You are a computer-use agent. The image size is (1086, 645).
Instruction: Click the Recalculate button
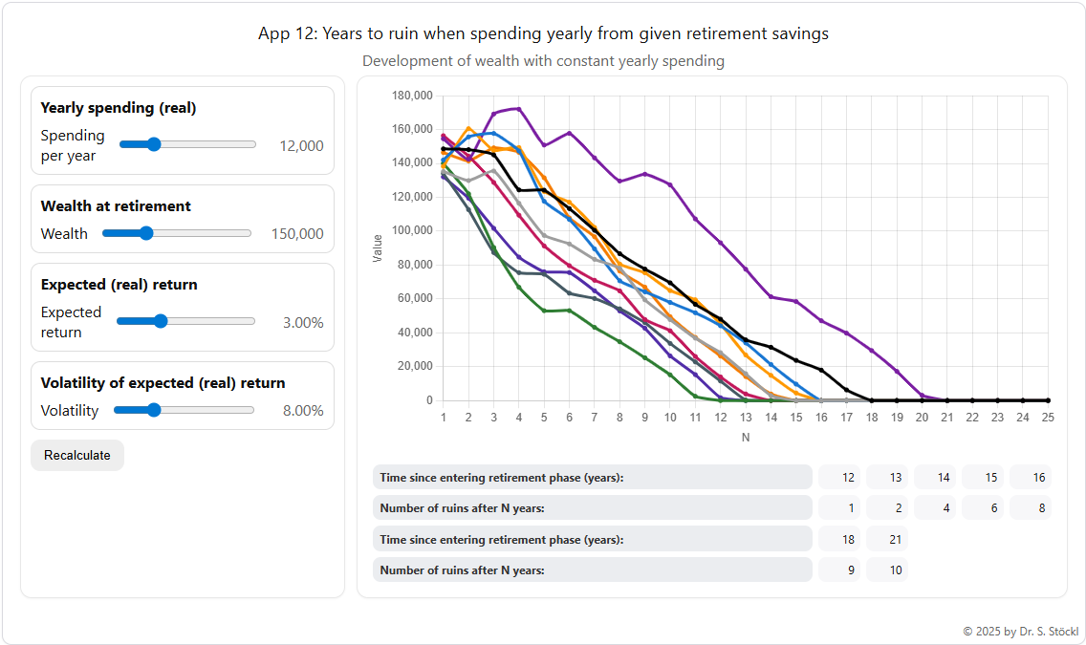(x=76, y=455)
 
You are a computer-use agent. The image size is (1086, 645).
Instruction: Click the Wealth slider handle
(x=145, y=233)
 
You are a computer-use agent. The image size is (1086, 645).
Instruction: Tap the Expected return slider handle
(x=161, y=322)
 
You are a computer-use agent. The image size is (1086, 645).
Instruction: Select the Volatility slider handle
(x=153, y=410)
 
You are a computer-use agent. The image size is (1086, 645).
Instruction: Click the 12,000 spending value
(x=301, y=145)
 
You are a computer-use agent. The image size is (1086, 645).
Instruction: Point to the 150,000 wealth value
(x=296, y=233)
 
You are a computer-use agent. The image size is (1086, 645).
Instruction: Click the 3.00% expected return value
(x=303, y=322)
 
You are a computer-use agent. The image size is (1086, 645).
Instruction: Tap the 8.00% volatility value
(x=303, y=411)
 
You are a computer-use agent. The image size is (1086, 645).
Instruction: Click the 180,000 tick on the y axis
(x=413, y=96)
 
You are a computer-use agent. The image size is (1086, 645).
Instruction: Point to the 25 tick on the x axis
(x=1048, y=418)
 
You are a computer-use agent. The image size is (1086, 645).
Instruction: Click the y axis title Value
(x=378, y=248)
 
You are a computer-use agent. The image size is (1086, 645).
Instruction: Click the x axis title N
(x=746, y=437)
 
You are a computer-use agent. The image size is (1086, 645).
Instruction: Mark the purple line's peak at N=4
(x=518, y=108)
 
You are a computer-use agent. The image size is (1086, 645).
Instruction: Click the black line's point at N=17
(x=847, y=389)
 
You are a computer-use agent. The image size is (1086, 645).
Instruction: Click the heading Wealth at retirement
(x=116, y=205)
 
